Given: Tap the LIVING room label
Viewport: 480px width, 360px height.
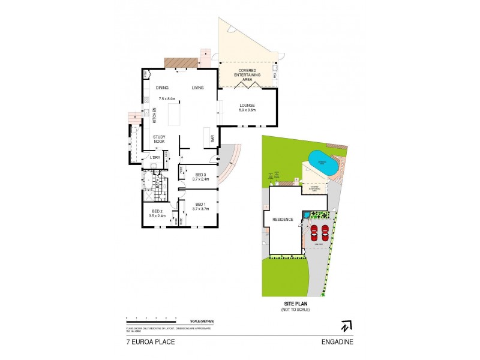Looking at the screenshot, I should tap(197, 88).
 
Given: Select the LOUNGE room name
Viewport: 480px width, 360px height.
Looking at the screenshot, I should tap(247, 106).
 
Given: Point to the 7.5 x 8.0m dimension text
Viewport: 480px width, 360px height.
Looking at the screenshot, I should tap(167, 98).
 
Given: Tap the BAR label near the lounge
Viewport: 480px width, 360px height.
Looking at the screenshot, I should tap(212, 140).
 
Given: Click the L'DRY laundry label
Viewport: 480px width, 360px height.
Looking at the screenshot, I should tap(155, 158).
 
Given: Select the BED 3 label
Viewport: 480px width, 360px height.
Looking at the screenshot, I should tap(200, 175).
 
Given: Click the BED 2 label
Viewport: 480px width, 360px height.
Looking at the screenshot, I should tap(158, 212).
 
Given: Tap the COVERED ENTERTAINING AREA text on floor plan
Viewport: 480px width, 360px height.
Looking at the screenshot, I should tap(247, 74).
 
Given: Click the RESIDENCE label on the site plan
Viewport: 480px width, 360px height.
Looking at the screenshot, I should tap(283, 220).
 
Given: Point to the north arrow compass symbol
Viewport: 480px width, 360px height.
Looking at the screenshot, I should tap(346, 326).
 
